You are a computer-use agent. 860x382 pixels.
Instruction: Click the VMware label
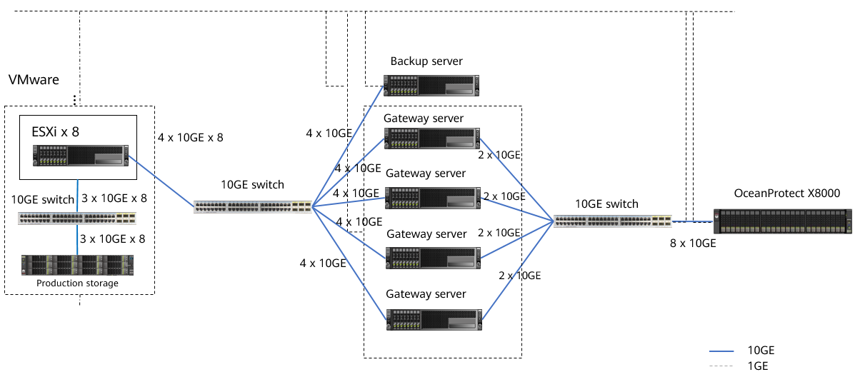pyautogui.click(x=34, y=80)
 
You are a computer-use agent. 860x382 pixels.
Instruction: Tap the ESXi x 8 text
pyautogui.click(x=55, y=132)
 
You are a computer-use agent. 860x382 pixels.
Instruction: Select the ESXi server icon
pyautogui.click(x=79, y=155)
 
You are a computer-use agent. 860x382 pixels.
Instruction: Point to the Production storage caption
pyautogui.click(x=77, y=283)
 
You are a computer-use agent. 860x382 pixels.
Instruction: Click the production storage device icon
pyautogui.click(x=77, y=265)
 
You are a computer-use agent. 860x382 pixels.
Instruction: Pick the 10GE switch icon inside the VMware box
pyautogui.click(x=77, y=218)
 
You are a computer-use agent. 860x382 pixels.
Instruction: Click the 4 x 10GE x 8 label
pyautogui.click(x=189, y=137)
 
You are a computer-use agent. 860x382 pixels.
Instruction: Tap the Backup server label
pyautogui.click(x=426, y=61)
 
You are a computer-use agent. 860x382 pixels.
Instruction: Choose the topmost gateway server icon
pyautogui.click(x=432, y=139)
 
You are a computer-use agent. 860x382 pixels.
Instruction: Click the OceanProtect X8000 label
pyautogui.click(x=786, y=193)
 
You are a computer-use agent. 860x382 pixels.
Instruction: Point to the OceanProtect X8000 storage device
pyautogui.click(x=784, y=221)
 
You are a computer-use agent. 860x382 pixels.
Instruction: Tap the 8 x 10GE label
pyautogui.click(x=693, y=243)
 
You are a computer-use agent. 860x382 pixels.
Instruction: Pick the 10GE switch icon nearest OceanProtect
pyautogui.click(x=613, y=221)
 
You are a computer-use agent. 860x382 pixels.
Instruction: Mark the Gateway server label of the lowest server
pyautogui.click(x=426, y=294)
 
